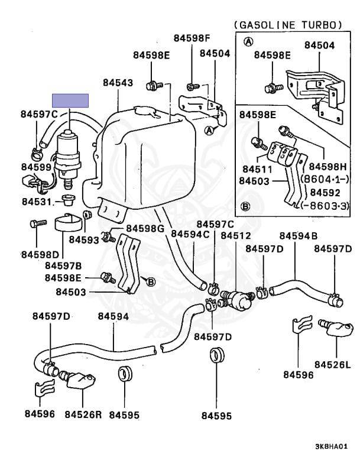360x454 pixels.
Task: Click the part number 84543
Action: [118, 83]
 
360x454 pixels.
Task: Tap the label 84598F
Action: [192, 38]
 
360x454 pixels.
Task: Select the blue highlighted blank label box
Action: [70, 100]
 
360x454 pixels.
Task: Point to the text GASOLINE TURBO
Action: [288, 25]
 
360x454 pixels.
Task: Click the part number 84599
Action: [36, 167]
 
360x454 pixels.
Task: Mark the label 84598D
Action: [38, 254]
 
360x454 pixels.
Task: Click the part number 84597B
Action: [63, 265]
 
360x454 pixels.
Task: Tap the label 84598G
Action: [145, 229]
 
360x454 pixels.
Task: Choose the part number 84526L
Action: [332, 364]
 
